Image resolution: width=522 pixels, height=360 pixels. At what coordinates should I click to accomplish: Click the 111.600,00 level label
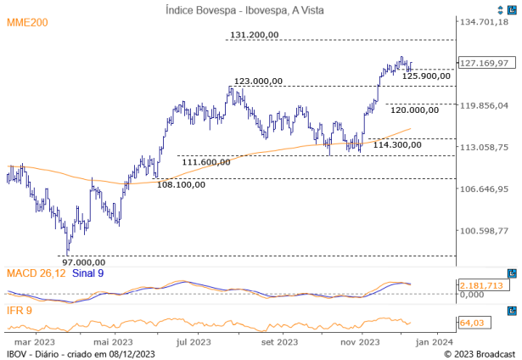[208, 161]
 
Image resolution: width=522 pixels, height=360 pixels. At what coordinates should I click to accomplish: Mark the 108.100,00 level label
[182, 184]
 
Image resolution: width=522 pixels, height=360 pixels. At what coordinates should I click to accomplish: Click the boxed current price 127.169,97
[483, 63]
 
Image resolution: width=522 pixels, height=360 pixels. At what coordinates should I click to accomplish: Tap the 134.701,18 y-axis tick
[483, 22]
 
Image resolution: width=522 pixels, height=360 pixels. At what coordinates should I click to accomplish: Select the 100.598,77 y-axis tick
[483, 230]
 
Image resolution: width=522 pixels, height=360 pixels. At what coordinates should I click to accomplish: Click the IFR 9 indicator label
[20, 310]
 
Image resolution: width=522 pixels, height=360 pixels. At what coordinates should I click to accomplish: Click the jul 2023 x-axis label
[194, 342]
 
